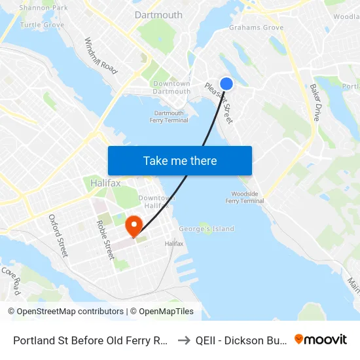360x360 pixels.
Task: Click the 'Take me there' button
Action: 179,160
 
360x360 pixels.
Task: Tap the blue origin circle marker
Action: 226,84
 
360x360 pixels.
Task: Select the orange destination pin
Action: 134,226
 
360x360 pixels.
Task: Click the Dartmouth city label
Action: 158,14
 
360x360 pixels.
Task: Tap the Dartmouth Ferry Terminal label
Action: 170,117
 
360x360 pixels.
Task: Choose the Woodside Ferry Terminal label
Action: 247,197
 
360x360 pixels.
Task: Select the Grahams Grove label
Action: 256,27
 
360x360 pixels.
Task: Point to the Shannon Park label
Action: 43,8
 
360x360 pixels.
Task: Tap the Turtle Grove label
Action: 42,25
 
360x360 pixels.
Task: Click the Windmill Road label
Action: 100,55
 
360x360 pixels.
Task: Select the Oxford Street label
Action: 58,235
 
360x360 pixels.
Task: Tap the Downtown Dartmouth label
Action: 171,87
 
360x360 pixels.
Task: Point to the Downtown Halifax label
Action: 157,202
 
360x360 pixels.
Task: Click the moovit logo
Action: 321,339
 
